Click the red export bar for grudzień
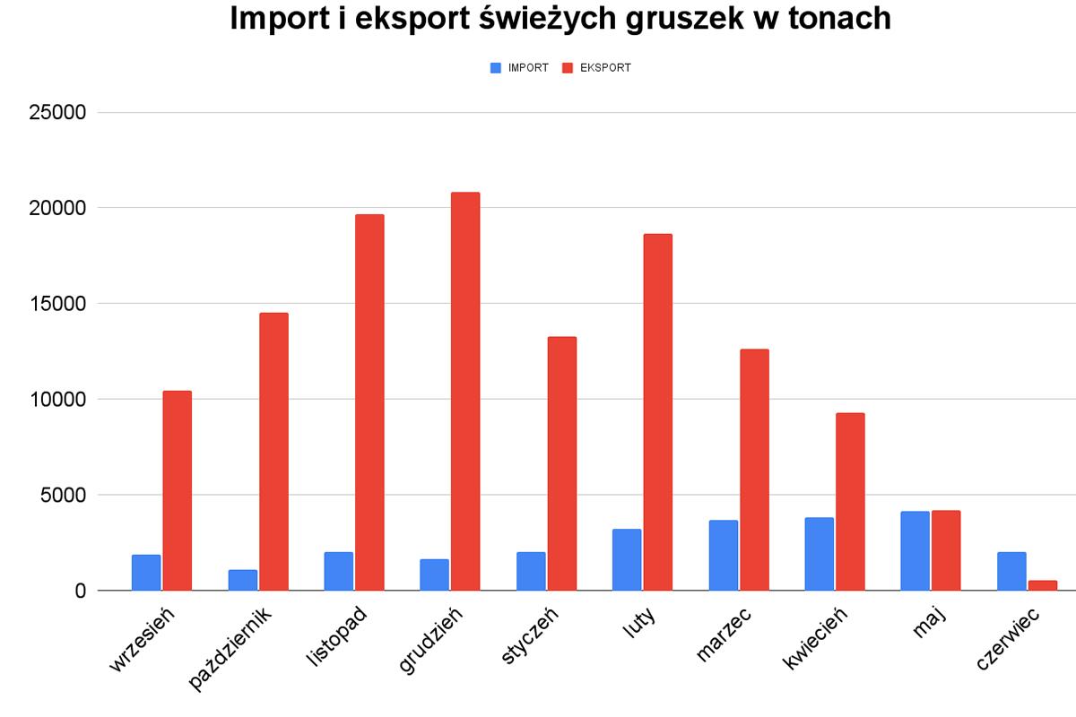pos(465,392)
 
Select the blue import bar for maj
pos(915,551)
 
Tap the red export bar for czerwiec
pos(1043,585)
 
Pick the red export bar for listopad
pos(369,402)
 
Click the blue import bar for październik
pos(242,580)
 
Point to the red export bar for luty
pos(657,412)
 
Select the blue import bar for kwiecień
pos(819,554)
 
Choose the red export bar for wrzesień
pos(177,490)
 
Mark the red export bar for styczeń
pos(561,463)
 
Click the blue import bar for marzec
pos(723,556)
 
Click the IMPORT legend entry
pos(520,68)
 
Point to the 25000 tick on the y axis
pos(56,113)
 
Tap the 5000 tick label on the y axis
pos(62,496)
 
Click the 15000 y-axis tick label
pos(56,304)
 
